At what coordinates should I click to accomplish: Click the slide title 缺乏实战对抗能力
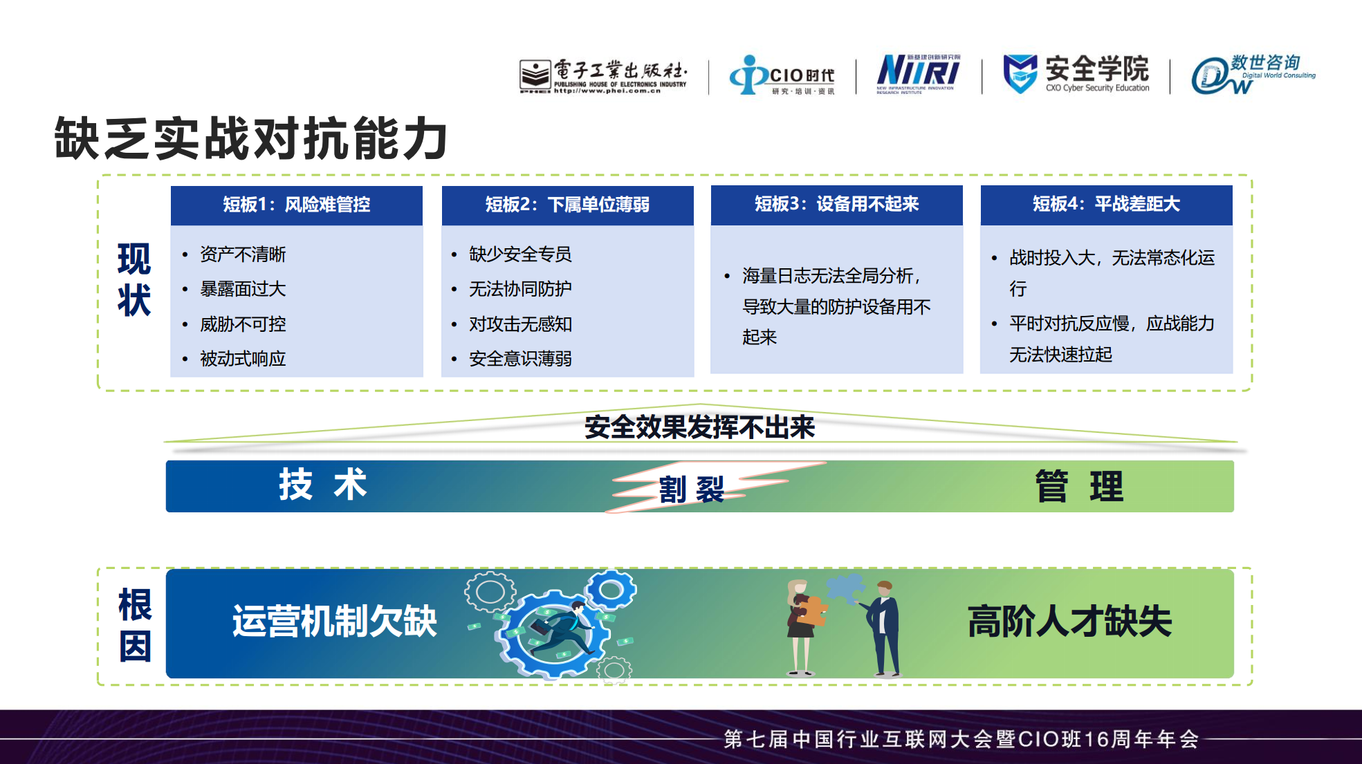[x=251, y=138]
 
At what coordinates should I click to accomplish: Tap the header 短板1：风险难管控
[x=297, y=205]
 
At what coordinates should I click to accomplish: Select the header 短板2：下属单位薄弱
[x=567, y=205]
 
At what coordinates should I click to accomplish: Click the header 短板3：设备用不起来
[x=837, y=204]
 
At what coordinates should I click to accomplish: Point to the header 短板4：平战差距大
[x=1107, y=204]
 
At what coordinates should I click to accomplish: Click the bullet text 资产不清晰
[x=243, y=254]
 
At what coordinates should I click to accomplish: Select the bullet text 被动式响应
[x=243, y=359]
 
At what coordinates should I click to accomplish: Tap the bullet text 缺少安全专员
[x=520, y=254]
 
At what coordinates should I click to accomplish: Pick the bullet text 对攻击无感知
[x=520, y=324]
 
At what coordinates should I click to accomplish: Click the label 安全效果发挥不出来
[x=700, y=427]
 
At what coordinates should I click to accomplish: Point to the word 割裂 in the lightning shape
[x=692, y=490]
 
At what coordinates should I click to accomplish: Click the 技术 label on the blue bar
[x=323, y=484]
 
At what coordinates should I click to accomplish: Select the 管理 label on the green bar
[x=1079, y=486]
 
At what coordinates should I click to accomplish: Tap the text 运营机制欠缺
[x=335, y=621]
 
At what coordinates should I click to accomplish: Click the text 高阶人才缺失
[x=1069, y=621]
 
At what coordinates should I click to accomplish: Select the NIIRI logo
[x=919, y=73]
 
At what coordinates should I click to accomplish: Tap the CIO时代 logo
[x=782, y=75]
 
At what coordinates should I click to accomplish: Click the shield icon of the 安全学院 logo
[x=1020, y=73]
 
